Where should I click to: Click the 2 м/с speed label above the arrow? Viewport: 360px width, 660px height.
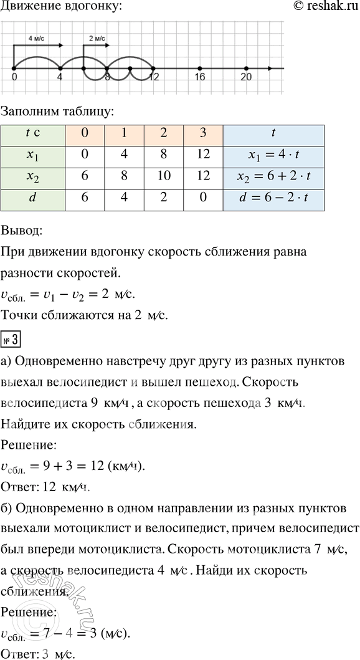[x=97, y=38]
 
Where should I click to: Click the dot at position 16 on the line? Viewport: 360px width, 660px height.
[x=199, y=68]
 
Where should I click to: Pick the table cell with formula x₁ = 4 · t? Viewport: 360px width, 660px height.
[x=274, y=155]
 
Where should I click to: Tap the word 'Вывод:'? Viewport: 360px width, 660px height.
[x=22, y=231]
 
